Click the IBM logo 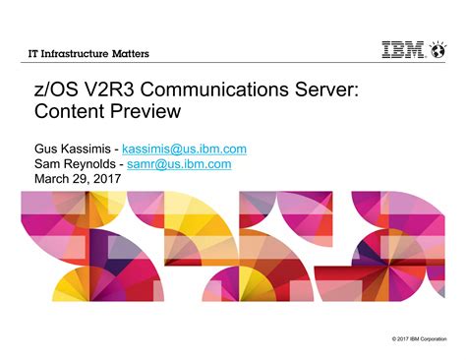pyautogui.click(x=404, y=51)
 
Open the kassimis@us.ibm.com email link pyautogui.click(x=183, y=149)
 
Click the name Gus pyautogui.click(x=47, y=149)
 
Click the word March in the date pyautogui.click(x=54, y=180)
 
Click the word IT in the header pyautogui.click(x=32, y=52)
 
